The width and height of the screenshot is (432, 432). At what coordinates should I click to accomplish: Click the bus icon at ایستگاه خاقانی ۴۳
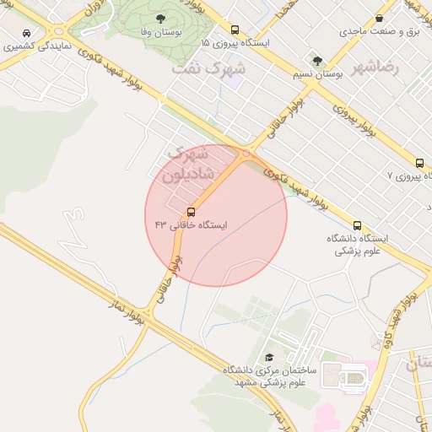(191, 211)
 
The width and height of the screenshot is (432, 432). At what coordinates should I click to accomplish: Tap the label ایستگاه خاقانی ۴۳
(192, 225)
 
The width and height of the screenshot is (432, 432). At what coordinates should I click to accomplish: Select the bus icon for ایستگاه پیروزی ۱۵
(235, 30)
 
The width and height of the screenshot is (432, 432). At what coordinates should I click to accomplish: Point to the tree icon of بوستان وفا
(160, 18)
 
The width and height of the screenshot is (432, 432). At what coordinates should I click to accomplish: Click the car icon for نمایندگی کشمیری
(28, 33)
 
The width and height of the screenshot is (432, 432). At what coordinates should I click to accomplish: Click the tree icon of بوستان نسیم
(317, 61)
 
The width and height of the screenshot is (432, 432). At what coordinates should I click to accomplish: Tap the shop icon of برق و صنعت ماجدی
(380, 18)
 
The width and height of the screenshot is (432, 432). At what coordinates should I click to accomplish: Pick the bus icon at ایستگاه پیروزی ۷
(419, 163)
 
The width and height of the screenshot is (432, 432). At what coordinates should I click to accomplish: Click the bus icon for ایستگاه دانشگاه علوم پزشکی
(358, 226)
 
